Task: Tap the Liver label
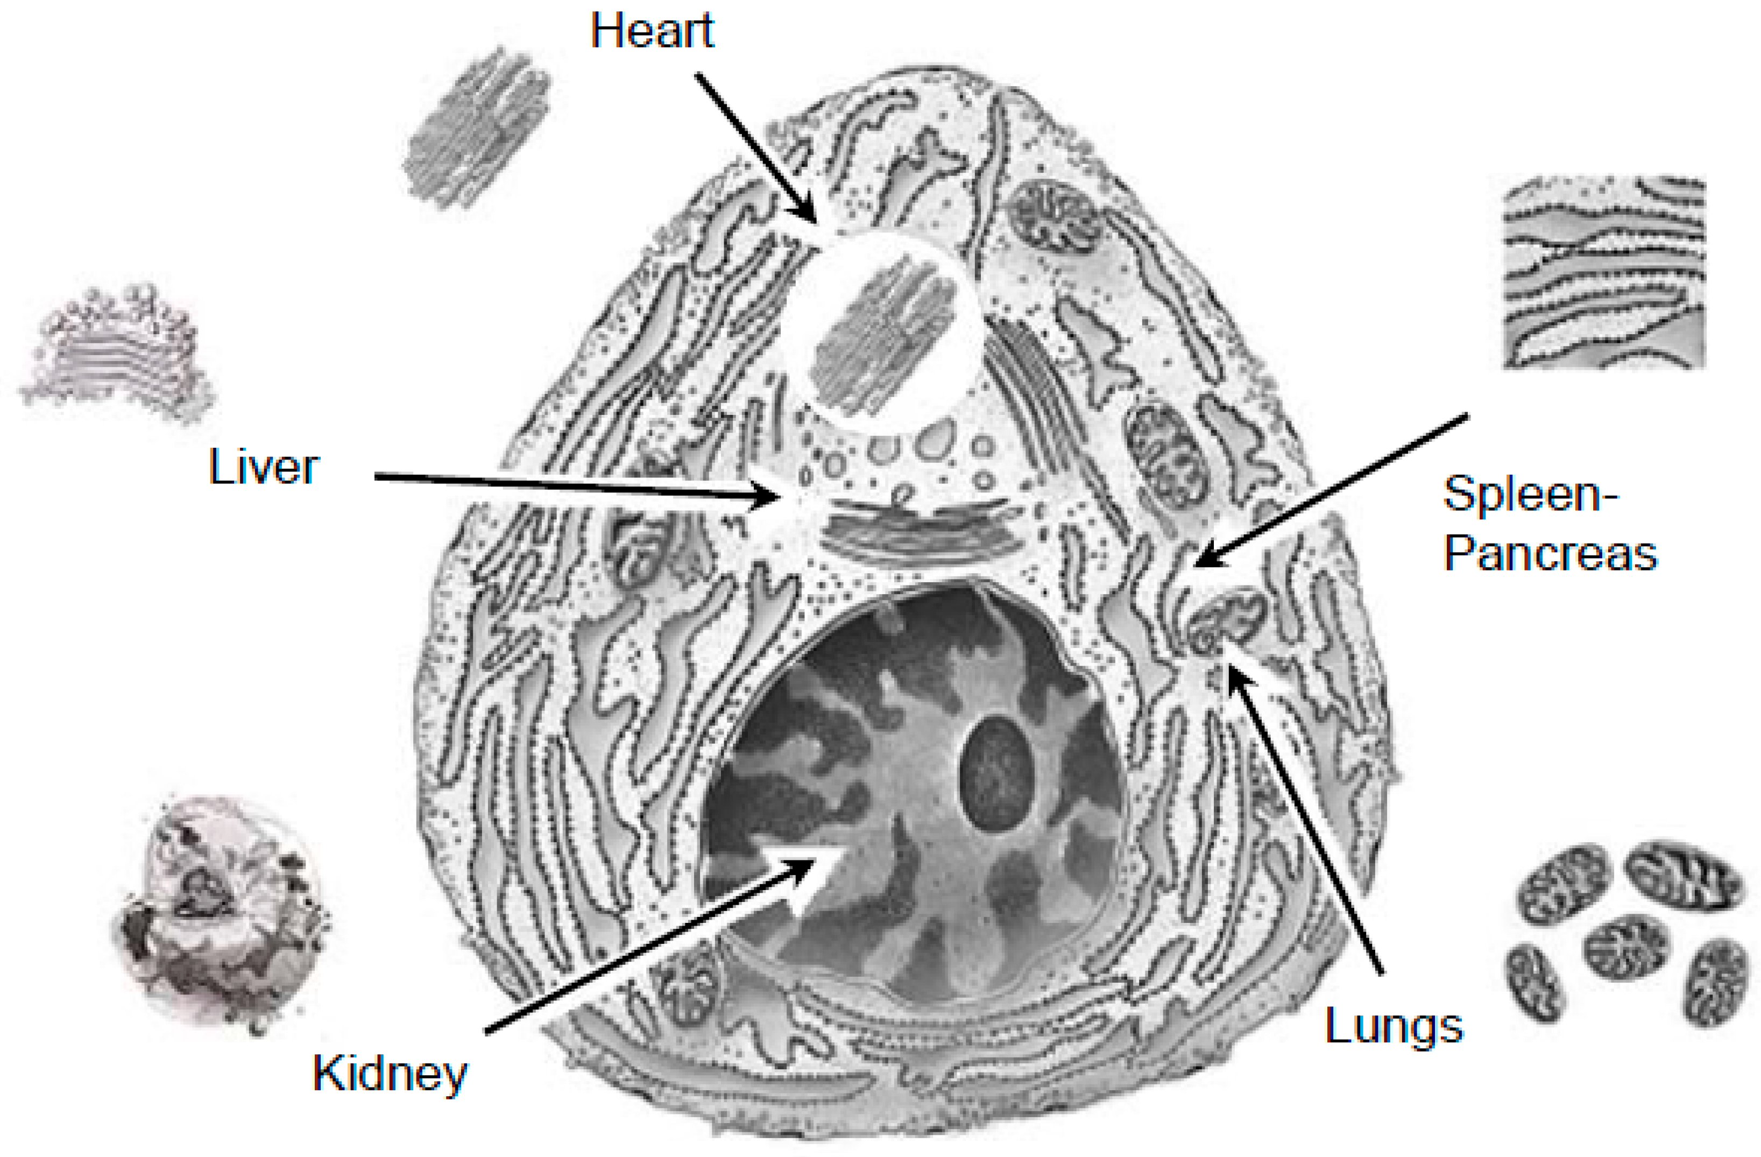(x=264, y=468)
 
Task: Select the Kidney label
(x=390, y=1074)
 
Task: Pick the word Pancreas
(x=1550, y=554)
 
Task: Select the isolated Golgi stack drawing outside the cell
(x=118, y=355)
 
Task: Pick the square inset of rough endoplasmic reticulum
(x=1604, y=272)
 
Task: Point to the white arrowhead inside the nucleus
(x=814, y=881)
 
